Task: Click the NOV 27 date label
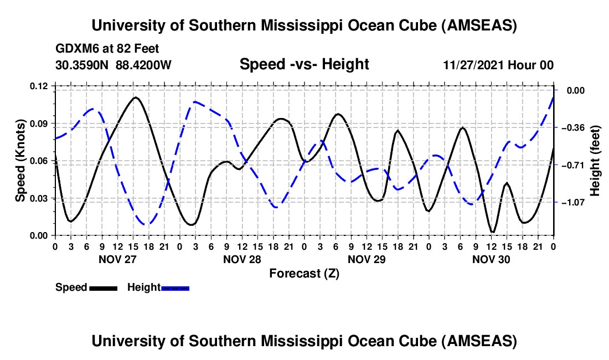[x=117, y=259]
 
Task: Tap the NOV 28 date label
[x=241, y=259]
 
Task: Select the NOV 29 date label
[x=367, y=259]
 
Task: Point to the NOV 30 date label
[x=491, y=259]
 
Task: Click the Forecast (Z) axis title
[x=304, y=273]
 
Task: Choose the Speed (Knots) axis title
[x=20, y=161]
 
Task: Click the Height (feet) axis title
[x=595, y=161]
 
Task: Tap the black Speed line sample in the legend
[x=104, y=288]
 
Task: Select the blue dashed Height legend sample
[x=176, y=288]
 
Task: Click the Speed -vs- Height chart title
[x=304, y=65]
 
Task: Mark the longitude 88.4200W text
[x=143, y=65]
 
